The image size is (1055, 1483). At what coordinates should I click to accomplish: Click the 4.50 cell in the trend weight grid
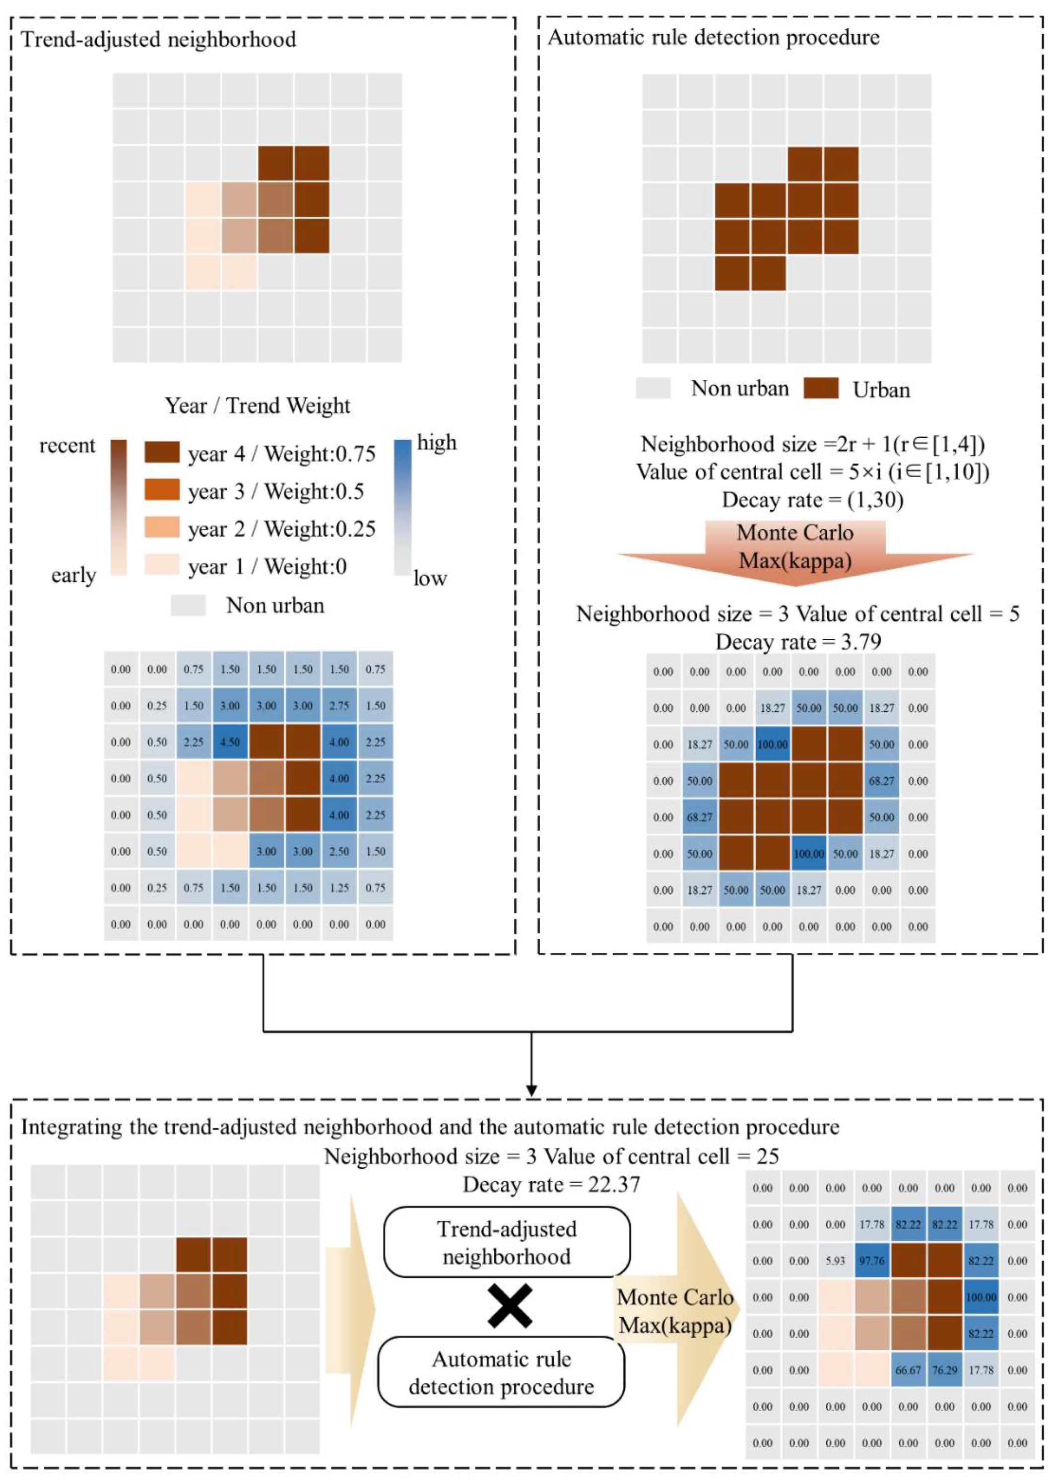230,742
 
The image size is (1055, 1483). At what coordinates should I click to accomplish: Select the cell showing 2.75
339,705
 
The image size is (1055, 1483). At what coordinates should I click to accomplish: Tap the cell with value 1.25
339,887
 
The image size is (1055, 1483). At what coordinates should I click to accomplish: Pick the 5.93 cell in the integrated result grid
836,1261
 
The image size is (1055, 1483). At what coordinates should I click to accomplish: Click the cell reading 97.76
872,1261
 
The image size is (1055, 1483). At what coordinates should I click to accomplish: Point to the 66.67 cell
908,1370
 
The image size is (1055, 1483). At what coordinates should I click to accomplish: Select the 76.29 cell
944,1370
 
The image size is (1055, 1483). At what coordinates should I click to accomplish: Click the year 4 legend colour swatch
162,452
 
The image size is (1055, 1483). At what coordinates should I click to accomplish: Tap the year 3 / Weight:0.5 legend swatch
162,490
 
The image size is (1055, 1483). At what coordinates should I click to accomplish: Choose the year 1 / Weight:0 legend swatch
162,564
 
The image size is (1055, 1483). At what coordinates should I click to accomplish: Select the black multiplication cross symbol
510,1306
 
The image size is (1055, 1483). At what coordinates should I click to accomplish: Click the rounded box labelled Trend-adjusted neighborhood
507,1243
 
